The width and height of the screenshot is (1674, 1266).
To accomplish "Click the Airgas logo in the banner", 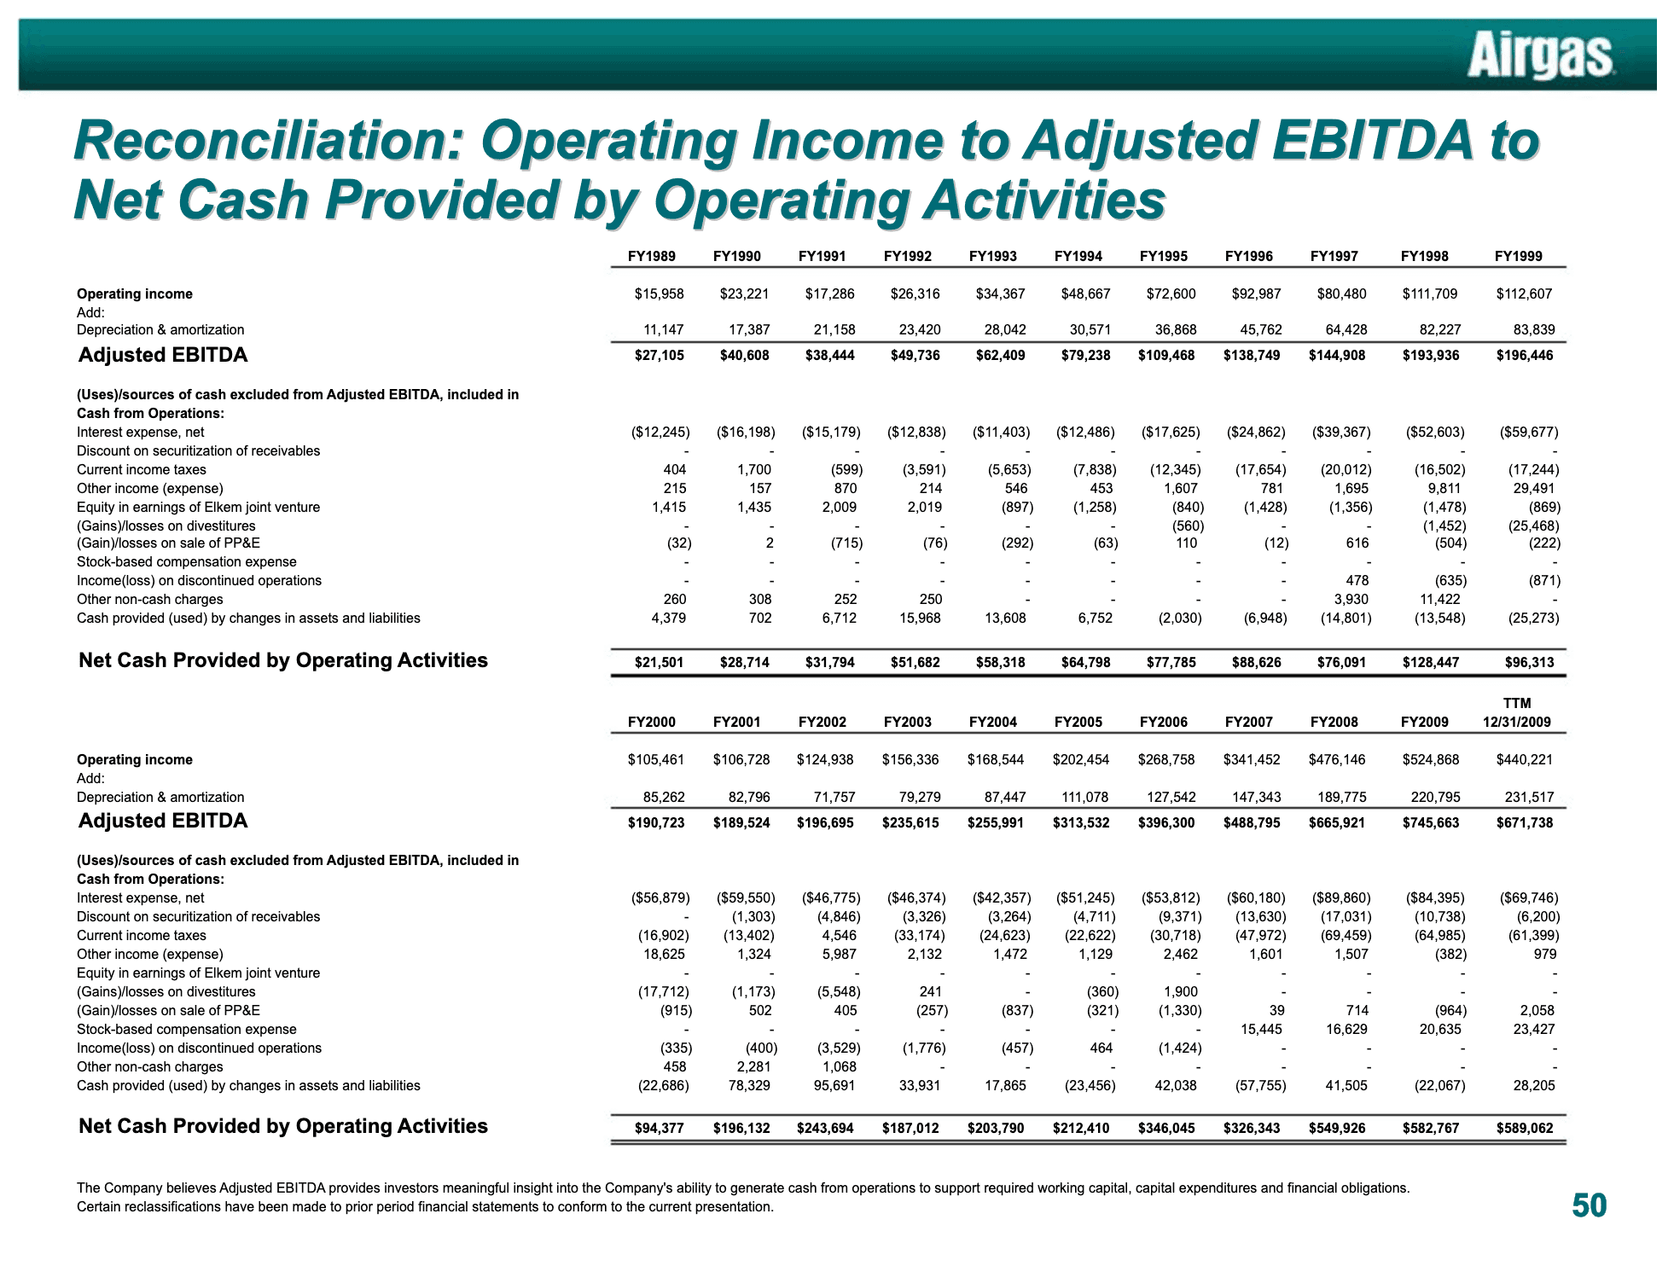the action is click(x=1540, y=56).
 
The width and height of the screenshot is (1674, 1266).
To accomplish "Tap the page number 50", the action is click(x=1589, y=1205).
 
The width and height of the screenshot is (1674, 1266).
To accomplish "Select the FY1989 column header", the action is click(x=652, y=256).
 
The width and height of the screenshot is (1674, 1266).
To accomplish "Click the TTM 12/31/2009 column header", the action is click(x=1517, y=712).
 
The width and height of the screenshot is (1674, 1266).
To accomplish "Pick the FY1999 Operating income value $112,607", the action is click(x=1524, y=293).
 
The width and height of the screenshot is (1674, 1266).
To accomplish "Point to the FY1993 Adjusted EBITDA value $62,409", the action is click(x=1000, y=355).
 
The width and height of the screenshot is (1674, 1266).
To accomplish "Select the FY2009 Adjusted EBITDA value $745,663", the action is click(x=1430, y=822).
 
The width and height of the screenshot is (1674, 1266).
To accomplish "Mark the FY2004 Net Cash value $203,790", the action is click(x=996, y=1128).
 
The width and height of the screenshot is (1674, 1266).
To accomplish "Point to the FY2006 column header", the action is click(x=1164, y=722).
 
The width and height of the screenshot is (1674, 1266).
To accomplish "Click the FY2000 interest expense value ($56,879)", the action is click(x=660, y=897).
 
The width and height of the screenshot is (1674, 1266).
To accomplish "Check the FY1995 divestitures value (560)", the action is click(x=1183, y=526).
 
